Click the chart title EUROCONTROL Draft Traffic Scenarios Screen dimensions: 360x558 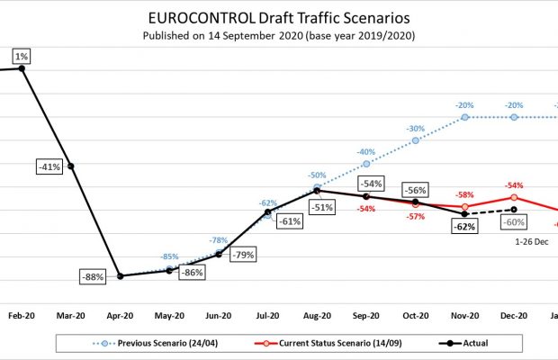tap(278, 19)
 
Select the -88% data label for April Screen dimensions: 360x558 tap(92, 276)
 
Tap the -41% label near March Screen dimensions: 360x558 tap(49, 166)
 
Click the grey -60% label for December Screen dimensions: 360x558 tap(515, 222)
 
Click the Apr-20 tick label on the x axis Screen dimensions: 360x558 tap(121, 316)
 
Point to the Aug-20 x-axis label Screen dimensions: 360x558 tap(317, 316)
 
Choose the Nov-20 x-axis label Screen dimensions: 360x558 tap(464, 316)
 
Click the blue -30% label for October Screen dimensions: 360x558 tap(415, 129)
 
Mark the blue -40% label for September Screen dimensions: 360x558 tap(365, 152)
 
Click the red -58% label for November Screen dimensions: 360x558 tap(464, 195)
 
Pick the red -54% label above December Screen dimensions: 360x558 tap(515, 184)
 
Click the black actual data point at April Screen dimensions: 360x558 tap(121, 275)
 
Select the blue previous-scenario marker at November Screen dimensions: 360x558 tap(464, 117)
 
